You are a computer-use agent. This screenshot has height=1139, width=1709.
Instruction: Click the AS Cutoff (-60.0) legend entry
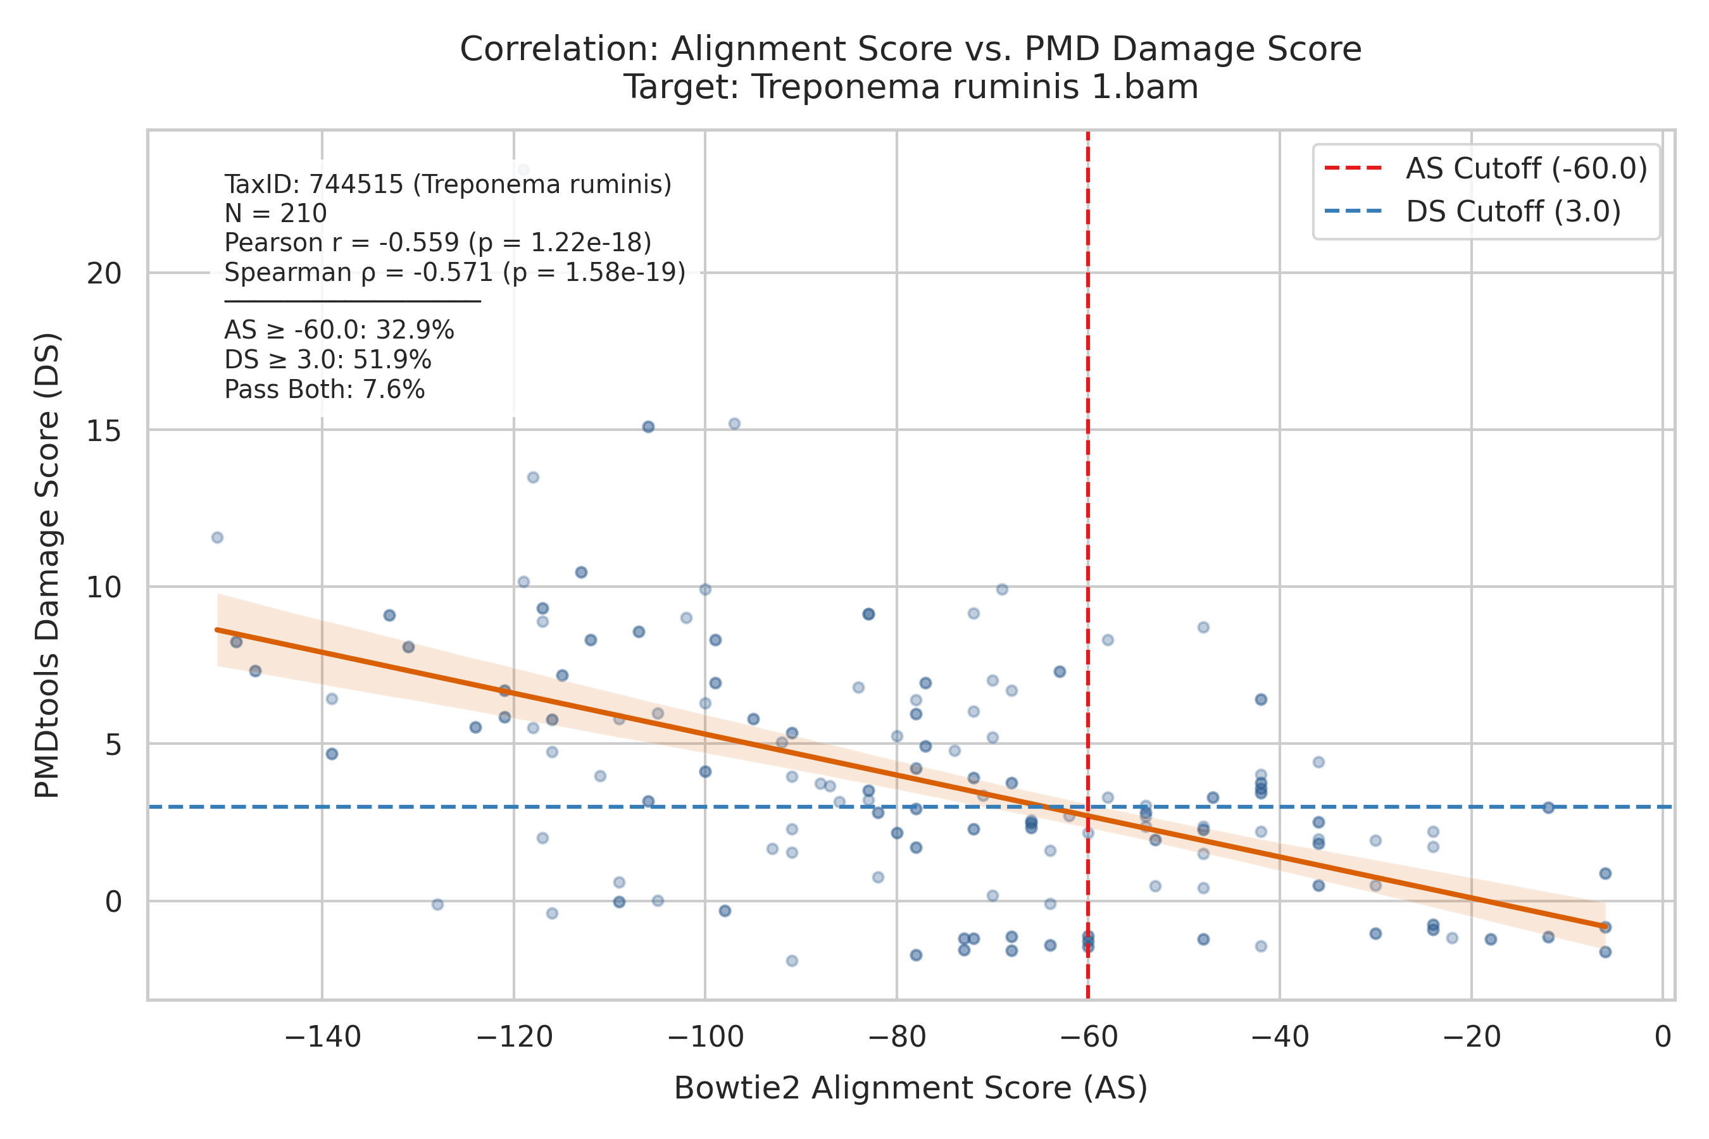click(1486, 168)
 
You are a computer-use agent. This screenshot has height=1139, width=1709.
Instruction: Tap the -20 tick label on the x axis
click(1472, 1036)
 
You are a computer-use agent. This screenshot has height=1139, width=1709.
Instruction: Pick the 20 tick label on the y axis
click(104, 274)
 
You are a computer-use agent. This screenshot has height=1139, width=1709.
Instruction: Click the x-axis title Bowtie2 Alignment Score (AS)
click(910, 1088)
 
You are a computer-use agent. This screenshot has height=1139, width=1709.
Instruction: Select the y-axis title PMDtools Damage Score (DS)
click(48, 565)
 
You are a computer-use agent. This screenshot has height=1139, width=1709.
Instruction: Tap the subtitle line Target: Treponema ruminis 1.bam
click(911, 88)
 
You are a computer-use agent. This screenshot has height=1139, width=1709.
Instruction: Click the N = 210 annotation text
click(275, 214)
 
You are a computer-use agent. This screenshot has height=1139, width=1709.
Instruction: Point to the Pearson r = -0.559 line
click(438, 242)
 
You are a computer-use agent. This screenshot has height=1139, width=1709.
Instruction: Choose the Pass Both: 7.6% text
click(325, 389)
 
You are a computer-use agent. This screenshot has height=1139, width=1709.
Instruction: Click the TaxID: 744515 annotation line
click(448, 185)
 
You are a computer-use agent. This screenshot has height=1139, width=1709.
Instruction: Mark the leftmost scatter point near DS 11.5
click(217, 537)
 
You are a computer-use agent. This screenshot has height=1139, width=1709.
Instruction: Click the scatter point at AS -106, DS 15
click(648, 426)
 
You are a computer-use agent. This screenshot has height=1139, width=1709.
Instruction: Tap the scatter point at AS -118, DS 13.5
click(532, 477)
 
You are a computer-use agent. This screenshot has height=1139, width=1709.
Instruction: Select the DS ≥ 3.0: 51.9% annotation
click(328, 359)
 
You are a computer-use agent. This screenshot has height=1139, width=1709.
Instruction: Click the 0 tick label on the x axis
click(1663, 1036)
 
